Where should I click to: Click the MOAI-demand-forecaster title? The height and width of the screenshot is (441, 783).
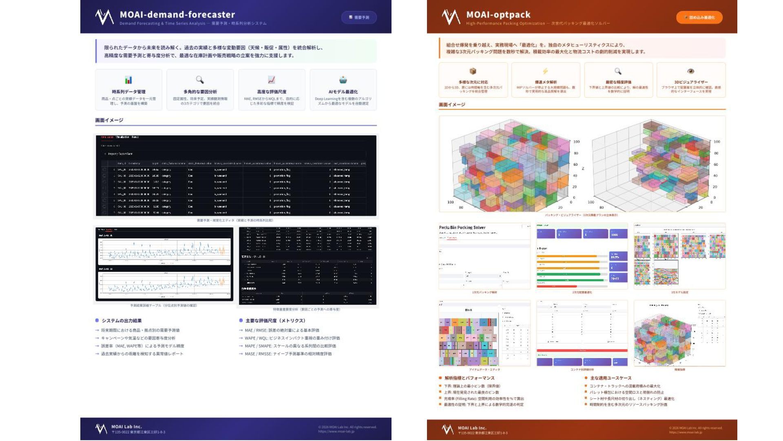coord(177,15)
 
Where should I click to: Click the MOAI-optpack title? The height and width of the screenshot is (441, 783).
coord(498,15)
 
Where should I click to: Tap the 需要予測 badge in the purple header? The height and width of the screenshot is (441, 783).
coord(359,18)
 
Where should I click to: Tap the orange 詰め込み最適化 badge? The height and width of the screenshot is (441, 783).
coord(699,18)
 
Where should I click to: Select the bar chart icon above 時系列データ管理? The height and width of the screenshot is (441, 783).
coord(128,80)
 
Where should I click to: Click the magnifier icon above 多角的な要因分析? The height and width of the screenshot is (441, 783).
coord(200,80)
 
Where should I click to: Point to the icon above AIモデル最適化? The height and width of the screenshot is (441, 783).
coord(343,80)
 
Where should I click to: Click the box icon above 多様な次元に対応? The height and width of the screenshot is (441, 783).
coord(473,71)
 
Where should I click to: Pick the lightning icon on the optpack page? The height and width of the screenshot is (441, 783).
coord(545,71)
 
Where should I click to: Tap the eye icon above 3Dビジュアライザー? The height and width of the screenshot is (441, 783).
coord(690,71)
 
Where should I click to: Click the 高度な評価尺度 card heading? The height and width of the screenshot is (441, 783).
coord(272,92)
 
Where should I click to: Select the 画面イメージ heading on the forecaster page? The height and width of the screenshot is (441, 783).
coord(109,120)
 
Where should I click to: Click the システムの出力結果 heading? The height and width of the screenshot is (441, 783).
coord(122,321)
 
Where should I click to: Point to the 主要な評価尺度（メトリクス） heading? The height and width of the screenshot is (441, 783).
coord(275,321)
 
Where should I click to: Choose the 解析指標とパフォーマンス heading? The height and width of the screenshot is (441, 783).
coord(469,378)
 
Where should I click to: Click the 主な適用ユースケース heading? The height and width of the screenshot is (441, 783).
coord(610,378)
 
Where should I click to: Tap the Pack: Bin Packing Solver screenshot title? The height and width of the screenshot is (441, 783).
coord(462,227)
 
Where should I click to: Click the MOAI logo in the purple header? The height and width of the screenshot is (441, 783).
coord(104,17)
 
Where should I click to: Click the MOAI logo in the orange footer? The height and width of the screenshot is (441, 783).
coord(447,429)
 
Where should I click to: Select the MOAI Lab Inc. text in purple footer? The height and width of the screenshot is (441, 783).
coord(126,427)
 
